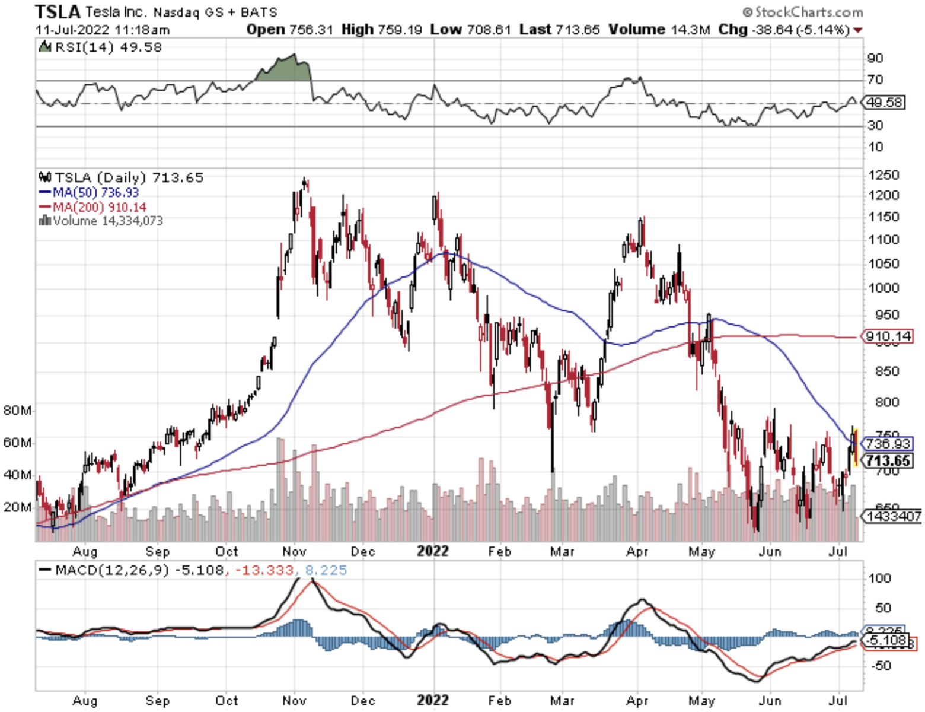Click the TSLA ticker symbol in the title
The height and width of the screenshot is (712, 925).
[x=58, y=11]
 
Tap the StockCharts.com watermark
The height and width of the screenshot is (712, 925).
[x=803, y=12]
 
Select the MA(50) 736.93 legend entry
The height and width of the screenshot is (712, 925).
[x=89, y=192]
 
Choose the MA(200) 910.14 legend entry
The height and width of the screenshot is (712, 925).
[x=92, y=207]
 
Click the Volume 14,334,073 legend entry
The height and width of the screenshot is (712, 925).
[x=101, y=221]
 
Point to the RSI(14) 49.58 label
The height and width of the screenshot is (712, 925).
[x=101, y=47]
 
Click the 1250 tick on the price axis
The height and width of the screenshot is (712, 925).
[x=883, y=175]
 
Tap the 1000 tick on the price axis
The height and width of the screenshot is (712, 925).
[x=883, y=288]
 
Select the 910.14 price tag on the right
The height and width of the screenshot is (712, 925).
[x=888, y=336]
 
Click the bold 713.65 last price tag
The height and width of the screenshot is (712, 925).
[x=888, y=460]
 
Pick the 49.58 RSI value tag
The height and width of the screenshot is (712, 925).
[x=884, y=102]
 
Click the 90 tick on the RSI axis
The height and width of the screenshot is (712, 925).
[x=875, y=58]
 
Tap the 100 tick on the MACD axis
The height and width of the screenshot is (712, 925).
[x=880, y=578]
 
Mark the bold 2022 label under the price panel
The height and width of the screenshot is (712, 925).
[x=432, y=551]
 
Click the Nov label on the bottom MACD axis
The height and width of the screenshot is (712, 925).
[x=294, y=701]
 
